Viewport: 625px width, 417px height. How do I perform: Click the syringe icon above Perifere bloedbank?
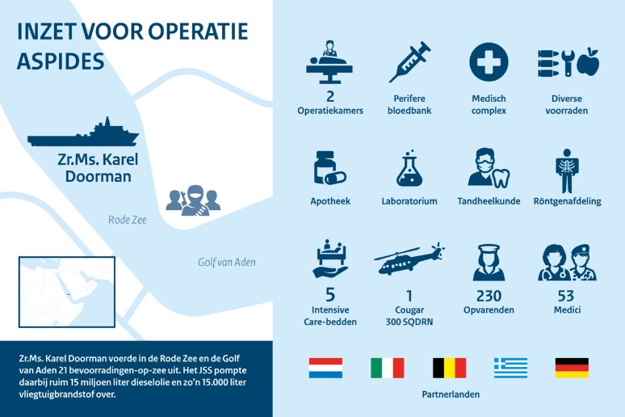click(x=409, y=62)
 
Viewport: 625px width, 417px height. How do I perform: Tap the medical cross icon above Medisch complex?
click(x=489, y=62)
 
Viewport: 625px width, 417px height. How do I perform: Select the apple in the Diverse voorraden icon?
click(x=589, y=62)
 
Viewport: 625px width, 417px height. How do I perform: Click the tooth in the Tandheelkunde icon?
click(x=501, y=177)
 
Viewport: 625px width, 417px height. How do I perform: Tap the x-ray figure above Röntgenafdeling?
click(x=567, y=171)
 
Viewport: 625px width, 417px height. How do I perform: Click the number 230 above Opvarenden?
click(x=489, y=296)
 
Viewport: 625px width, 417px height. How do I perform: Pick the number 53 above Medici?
click(x=566, y=296)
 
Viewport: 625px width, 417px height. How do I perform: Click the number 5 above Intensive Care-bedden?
click(x=330, y=295)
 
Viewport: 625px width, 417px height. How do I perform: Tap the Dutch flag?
click(x=325, y=368)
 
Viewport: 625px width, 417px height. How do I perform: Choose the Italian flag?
click(x=388, y=368)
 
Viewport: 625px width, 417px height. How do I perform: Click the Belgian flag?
click(x=449, y=368)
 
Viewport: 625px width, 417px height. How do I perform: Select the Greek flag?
click(x=510, y=368)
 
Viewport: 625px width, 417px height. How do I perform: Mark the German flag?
click(x=572, y=368)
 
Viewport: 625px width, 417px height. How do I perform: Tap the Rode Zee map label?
click(x=128, y=220)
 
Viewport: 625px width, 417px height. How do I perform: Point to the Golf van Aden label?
click(x=227, y=262)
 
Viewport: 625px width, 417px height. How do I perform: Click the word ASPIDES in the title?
click(x=61, y=61)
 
